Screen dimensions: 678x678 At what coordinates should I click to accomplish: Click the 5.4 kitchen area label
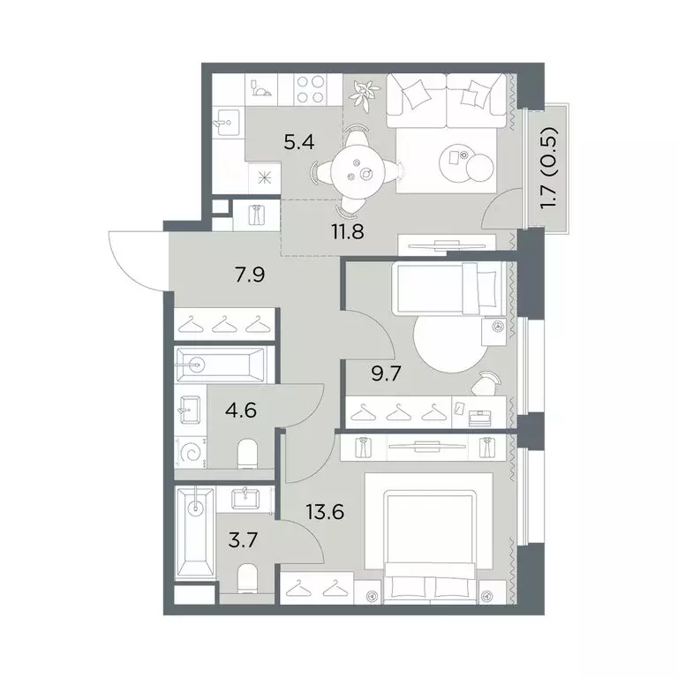pyautogui.click(x=298, y=142)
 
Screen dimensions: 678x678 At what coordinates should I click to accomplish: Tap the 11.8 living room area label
pyautogui.click(x=348, y=231)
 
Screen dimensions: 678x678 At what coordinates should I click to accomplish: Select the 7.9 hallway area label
pyautogui.click(x=250, y=275)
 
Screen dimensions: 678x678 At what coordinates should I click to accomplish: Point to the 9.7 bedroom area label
pyautogui.click(x=387, y=373)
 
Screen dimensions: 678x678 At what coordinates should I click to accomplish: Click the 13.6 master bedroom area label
pyautogui.click(x=325, y=512)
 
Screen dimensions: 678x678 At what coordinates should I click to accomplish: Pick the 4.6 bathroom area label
pyautogui.click(x=241, y=410)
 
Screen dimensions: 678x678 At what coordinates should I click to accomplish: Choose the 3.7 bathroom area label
pyautogui.click(x=243, y=540)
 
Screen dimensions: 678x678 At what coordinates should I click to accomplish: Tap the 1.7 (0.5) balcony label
pyautogui.click(x=550, y=169)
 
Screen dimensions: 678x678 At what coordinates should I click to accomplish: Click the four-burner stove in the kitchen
pyautogui.click(x=311, y=89)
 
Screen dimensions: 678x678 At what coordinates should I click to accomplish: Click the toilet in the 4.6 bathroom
pyautogui.click(x=248, y=454)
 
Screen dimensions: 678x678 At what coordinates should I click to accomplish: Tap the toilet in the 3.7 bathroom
pyautogui.click(x=247, y=578)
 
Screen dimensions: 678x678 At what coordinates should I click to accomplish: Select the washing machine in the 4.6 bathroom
pyautogui.click(x=191, y=453)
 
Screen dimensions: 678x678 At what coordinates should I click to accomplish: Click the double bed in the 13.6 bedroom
pyautogui.click(x=429, y=538)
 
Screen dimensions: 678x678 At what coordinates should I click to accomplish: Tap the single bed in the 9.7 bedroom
pyautogui.click(x=448, y=289)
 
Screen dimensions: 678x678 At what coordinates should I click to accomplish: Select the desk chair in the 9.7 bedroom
pyautogui.click(x=486, y=382)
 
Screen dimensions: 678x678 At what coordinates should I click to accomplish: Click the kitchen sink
pyautogui.click(x=227, y=123)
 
